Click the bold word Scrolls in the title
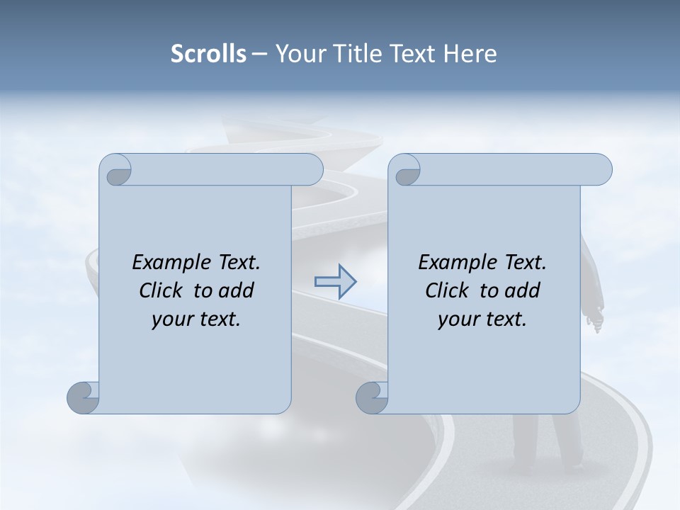click(x=208, y=54)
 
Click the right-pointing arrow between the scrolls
click(x=336, y=282)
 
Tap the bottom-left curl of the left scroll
click(x=83, y=397)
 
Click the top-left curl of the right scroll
click(x=406, y=171)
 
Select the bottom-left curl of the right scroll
click(x=372, y=397)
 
